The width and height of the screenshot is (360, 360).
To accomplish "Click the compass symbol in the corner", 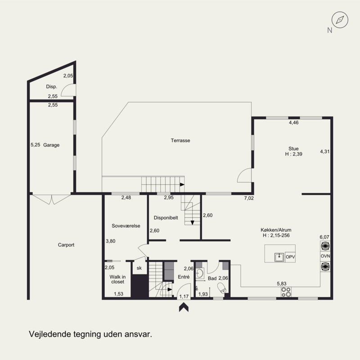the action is pos(340,20).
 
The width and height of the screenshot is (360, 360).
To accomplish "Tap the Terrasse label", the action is pos(180,140).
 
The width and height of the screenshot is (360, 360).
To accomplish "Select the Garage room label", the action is pos(51,145).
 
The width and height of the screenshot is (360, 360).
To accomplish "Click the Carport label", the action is pos(66,245).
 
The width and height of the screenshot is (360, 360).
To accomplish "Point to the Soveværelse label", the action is pos(126,226).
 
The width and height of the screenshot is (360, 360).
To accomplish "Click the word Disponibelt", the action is pos(166,218).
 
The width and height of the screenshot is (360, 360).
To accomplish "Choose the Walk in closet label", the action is pos(117,279).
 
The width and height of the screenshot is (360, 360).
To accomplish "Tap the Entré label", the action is pos(184,277).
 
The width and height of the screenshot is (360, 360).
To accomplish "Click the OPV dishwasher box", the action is pos(290,257).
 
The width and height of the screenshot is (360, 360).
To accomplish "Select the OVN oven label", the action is pos(325,256).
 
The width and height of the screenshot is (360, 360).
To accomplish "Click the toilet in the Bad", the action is pos(222,288).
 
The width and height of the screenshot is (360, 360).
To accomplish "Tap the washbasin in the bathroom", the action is pos(200,273).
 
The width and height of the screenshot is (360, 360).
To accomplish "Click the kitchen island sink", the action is pos(279,257).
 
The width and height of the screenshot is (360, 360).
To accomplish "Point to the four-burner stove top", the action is pos(286,292).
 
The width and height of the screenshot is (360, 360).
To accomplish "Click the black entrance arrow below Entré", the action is pos(184,307).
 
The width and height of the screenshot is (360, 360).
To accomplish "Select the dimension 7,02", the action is pos(249,198).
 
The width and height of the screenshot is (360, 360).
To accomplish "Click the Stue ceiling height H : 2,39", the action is pos(294,154).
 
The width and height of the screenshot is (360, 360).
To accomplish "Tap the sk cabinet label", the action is pos(139,268).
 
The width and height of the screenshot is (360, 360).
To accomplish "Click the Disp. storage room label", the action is pos(51,86).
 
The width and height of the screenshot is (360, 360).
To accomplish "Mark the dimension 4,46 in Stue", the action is pos(294,122).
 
